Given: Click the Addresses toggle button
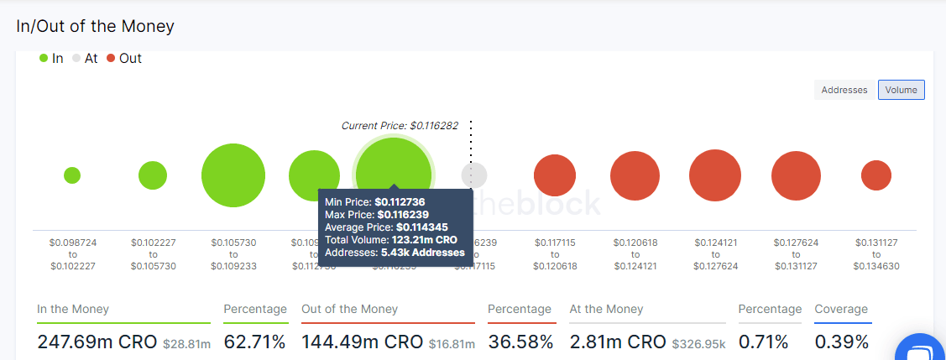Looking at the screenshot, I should [844, 90].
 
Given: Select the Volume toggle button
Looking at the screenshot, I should [901, 90].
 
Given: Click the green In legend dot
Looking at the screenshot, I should [44, 59].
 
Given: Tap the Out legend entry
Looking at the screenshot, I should [124, 59].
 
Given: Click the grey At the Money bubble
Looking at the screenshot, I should [474, 175].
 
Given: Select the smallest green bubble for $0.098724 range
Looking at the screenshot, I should [72, 175].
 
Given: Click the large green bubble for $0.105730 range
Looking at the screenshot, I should [233, 175].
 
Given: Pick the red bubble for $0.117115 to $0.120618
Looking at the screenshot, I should [555, 175].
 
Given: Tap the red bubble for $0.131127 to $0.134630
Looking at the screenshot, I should [875, 175].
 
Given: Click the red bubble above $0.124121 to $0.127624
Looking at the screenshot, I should [715, 175].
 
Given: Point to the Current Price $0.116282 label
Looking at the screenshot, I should [400, 125].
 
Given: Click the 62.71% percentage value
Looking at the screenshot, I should [254, 342].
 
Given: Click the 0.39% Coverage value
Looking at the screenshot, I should [842, 342].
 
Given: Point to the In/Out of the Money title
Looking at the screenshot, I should [95, 26].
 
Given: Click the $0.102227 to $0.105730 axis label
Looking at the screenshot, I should [153, 254].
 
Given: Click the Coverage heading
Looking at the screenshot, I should [841, 309].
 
